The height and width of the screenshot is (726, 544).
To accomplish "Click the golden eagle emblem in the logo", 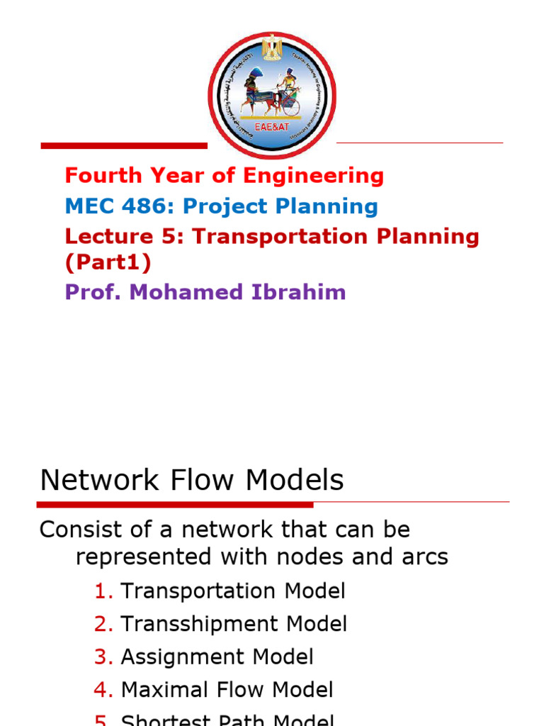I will point(271,48).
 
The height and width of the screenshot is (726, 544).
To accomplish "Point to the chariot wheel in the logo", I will point(290,106).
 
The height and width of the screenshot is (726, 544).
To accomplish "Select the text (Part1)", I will point(108,262).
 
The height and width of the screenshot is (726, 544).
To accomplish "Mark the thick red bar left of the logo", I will point(124,146).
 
